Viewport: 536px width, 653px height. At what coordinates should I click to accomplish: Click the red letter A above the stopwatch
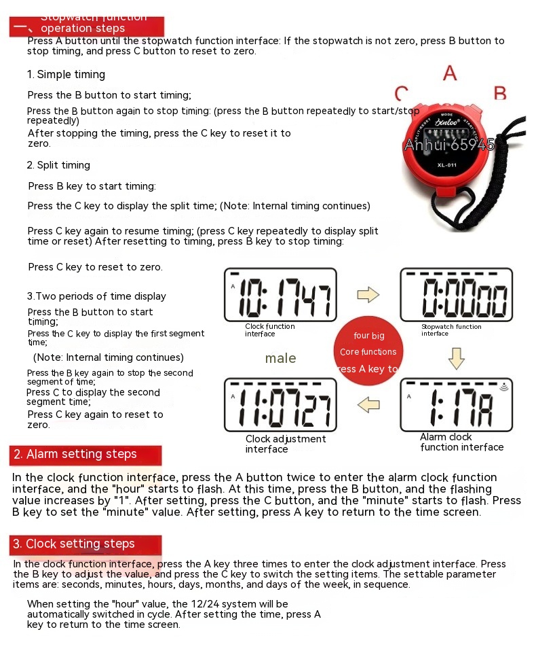[x=450, y=73]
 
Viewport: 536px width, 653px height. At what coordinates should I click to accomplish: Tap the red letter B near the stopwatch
[x=500, y=93]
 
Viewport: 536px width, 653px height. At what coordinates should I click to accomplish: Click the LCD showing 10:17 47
[x=280, y=294]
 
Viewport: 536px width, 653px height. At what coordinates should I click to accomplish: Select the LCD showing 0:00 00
[x=456, y=294]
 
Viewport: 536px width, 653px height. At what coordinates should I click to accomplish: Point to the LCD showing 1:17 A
[x=456, y=405]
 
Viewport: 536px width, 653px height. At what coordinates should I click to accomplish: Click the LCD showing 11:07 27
[x=280, y=405]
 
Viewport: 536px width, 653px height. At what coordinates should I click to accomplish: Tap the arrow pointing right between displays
[x=368, y=294]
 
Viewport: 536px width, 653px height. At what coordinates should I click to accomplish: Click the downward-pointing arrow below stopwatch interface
[x=457, y=357]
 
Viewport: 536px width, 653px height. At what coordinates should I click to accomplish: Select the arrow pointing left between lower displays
[x=368, y=405]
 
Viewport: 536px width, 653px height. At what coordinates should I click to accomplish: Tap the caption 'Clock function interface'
[x=270, y=330]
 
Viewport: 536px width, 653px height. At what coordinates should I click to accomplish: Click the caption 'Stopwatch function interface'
[x=451, y=330]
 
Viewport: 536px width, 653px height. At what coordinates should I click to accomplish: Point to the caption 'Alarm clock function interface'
[x=461, y=442]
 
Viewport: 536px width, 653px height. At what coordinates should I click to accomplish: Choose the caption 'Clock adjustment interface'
[x=285, y=444]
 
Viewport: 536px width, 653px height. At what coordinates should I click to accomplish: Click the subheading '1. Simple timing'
[x=66, y=75]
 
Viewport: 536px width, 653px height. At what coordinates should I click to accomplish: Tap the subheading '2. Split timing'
[x=58, y=165]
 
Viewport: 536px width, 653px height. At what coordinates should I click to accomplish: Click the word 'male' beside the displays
[x=280, y=358]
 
